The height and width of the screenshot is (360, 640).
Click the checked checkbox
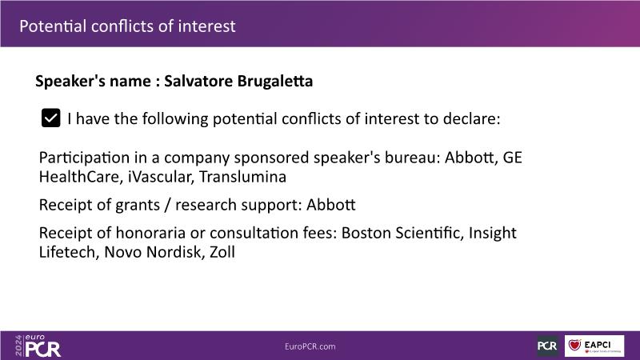click(50, 118)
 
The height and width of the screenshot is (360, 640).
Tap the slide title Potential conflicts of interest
click(127, 26)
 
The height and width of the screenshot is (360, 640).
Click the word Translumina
click(242, 177)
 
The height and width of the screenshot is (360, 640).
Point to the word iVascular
click(160, 177)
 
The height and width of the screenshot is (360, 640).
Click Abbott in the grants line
click(331, 205)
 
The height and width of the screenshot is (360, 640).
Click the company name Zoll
click(222, 252)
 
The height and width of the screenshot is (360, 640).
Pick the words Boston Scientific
click(402, 233)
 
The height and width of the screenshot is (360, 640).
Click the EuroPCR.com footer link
click(310, 346)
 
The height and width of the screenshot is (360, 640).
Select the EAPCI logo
click(594, 346)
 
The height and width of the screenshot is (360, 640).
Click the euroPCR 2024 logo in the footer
click(38, 346)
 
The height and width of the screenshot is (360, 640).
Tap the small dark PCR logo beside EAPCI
click(547, 346)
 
